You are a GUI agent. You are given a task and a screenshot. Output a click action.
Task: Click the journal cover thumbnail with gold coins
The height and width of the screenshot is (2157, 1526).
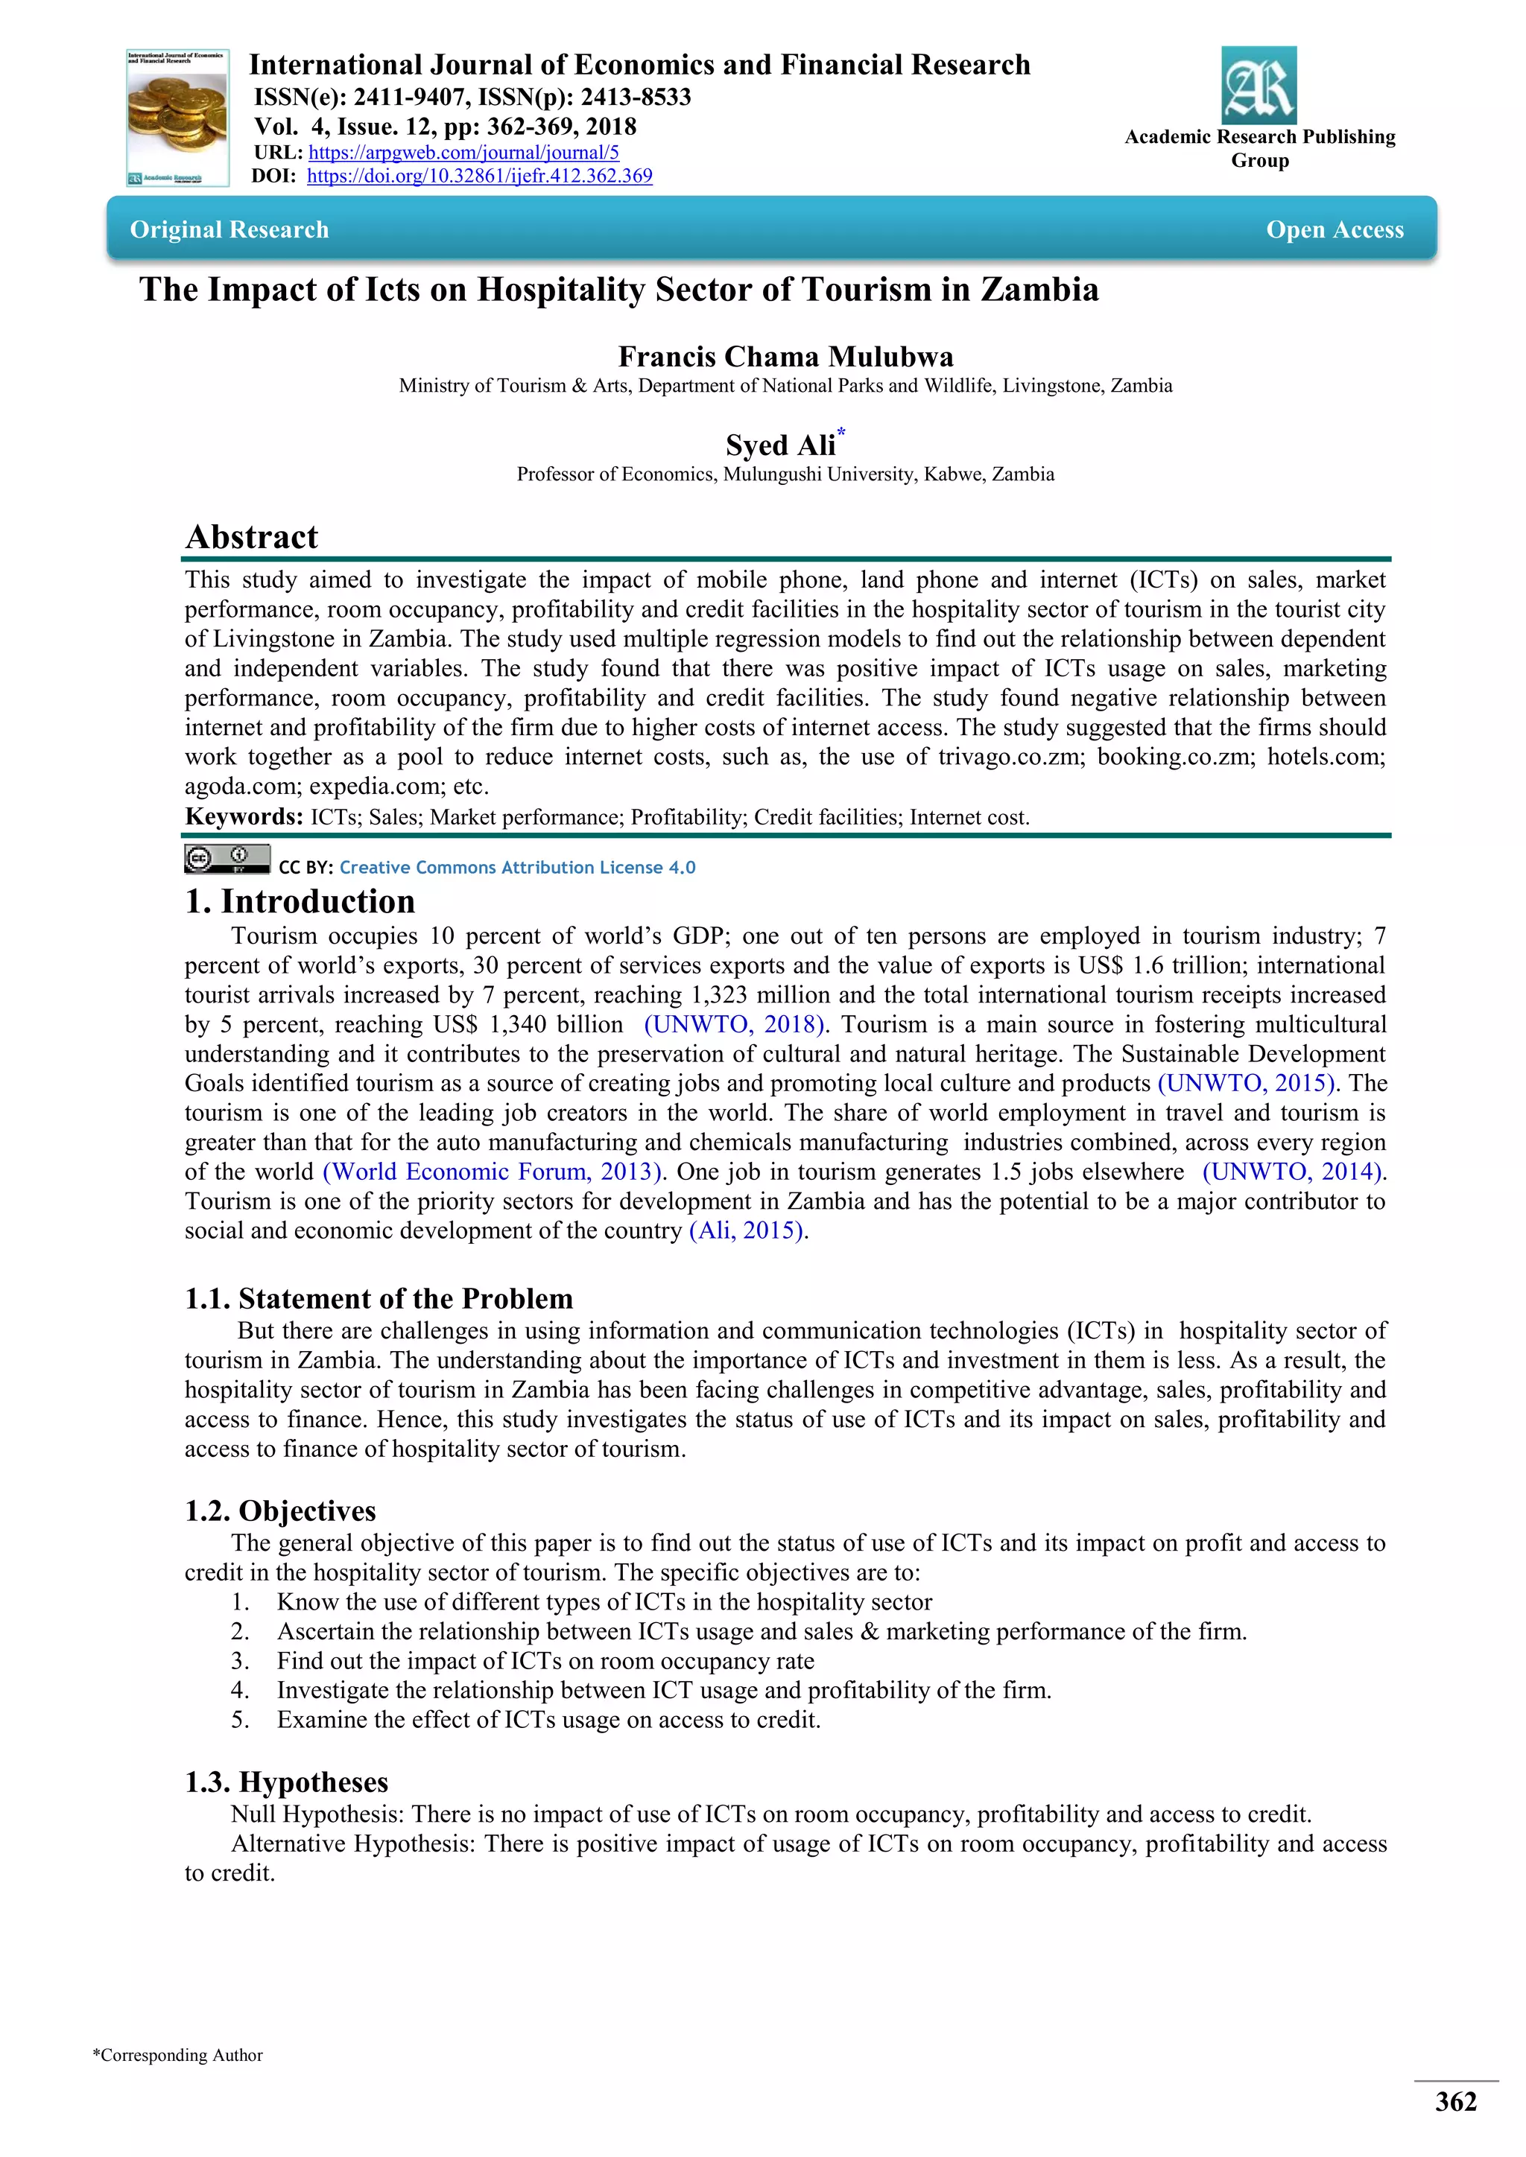click(x=177, y=118)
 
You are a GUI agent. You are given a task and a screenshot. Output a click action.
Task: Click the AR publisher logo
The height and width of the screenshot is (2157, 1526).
click(x=1259, y=86)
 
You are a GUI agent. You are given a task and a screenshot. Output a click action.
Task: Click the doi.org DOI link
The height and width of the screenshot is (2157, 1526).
click(x=479, y=176)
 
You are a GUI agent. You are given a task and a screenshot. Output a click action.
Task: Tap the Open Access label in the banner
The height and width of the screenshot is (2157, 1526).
click(x=1335, y=229)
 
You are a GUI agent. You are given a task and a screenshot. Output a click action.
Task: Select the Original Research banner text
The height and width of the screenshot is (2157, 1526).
click(x=229, y=229)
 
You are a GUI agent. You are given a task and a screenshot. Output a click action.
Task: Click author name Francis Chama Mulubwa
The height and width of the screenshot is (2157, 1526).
click(x=785, y=357)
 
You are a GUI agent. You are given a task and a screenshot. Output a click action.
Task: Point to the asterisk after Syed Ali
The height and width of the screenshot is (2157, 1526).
click(x=842, y=432)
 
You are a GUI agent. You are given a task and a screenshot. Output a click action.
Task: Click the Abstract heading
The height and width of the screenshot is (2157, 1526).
click(x=252, y=536)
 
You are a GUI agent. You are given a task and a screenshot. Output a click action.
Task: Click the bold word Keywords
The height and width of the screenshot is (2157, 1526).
click(x=244, y=816)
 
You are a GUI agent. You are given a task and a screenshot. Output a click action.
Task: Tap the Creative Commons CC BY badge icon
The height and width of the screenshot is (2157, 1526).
click(x=227, y=859)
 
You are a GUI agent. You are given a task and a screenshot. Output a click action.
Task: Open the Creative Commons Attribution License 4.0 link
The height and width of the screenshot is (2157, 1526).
click(x=517, y=867)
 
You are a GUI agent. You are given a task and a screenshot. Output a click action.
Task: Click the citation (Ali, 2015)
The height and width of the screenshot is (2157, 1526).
click(x=747, y=1230)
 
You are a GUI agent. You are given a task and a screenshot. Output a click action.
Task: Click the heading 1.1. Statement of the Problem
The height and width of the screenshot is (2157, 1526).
click(x=379, y=1298)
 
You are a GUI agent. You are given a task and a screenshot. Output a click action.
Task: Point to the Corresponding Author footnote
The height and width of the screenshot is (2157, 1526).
click(x=177, y=2056)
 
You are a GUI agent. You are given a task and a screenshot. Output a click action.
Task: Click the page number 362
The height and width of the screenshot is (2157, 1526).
click(x=1454, y=2103)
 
